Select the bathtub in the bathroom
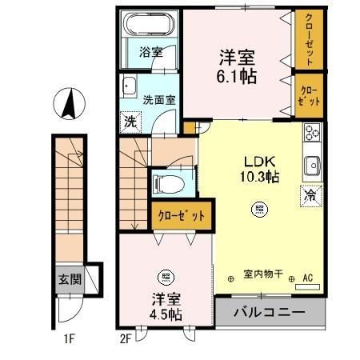(150, 25)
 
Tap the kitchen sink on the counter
(311, 166)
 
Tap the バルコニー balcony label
(270, 312)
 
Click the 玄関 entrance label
(68, 280)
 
